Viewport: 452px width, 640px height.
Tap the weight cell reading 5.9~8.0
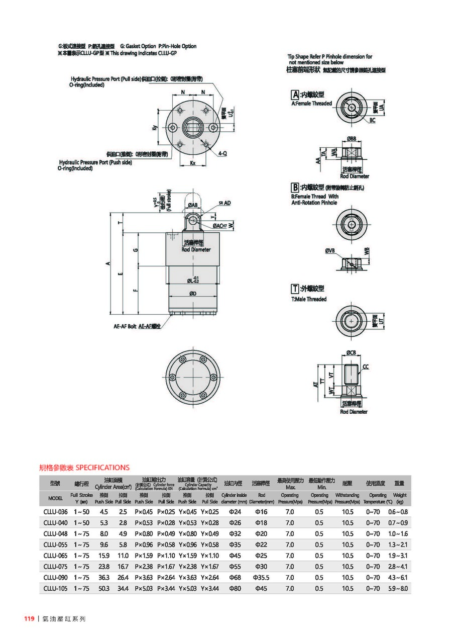[x=397, y=588]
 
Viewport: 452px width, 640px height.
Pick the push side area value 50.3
[x=104, y=588]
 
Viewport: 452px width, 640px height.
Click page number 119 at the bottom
[x=29, y=619]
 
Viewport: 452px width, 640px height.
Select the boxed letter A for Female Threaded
[x=295, y=94]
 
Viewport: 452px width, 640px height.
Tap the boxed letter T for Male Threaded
[x=295, y=289]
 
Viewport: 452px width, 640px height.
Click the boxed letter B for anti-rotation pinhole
[x=295, y=188]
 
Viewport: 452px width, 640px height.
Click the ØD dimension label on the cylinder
[x=192, y=294]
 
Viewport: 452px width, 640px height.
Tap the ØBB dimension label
[x=351, y=138]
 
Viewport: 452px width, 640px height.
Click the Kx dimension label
[x=192, y=163]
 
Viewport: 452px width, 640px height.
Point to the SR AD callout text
[x=224, y=203]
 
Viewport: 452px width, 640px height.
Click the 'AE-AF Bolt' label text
[x=125, y=326]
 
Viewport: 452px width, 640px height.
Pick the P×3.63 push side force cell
[x=144, y=577]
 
